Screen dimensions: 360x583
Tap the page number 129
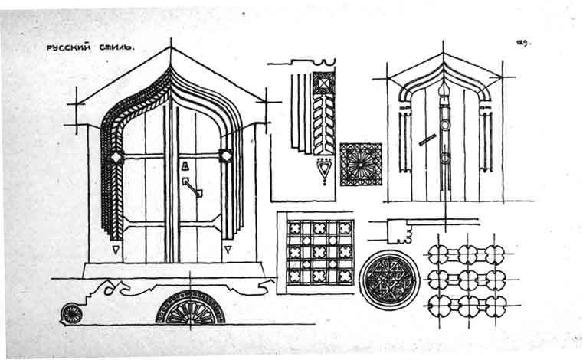523,43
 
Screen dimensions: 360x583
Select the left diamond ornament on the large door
116,157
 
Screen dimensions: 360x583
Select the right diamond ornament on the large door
226,155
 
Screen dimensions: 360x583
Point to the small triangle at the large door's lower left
116,249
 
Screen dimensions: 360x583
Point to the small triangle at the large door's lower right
228,248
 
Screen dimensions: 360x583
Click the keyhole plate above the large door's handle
184,165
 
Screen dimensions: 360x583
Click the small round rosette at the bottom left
71,313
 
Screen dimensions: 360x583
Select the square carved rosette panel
360,164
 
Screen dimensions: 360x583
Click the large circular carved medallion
389,279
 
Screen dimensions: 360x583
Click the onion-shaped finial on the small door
443,93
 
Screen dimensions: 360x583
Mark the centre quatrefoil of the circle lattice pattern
468,278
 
